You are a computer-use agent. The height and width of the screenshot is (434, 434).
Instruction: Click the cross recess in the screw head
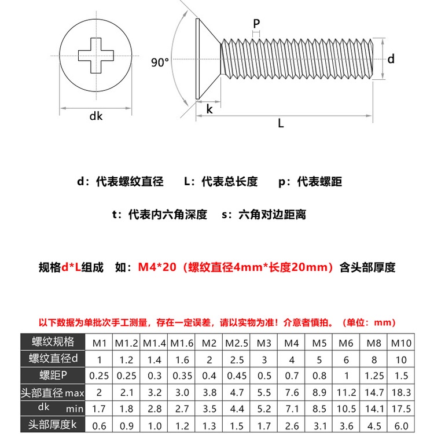pos(95,56)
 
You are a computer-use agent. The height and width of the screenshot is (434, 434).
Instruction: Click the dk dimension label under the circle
pos(95,116)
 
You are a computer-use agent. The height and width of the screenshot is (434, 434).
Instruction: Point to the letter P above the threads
pos(256,23)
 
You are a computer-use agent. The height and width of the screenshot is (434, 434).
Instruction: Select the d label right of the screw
pos(391,59)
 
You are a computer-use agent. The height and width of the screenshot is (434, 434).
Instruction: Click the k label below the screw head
pos(209,109)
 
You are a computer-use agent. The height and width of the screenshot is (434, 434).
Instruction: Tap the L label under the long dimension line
pos(281,123)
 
